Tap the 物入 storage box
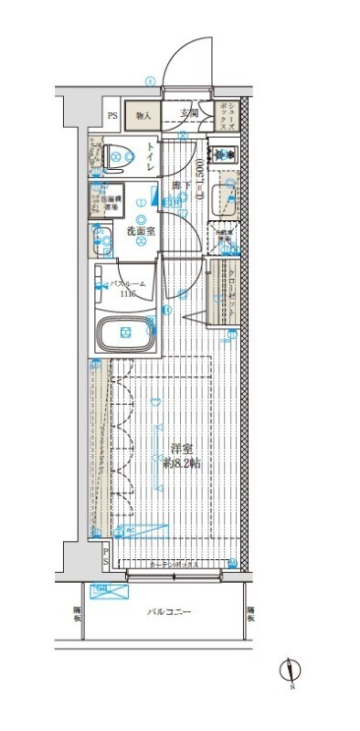point(144,116)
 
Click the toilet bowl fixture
point(114,156)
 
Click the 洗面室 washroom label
point(140,232)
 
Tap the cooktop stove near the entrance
point(223,154)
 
